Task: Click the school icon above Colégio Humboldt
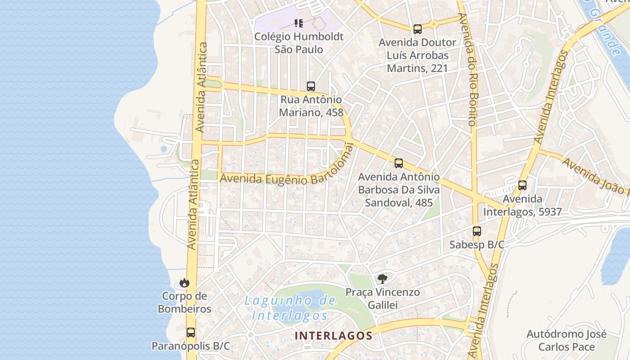[x=299, y=23]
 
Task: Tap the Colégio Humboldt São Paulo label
[x=299, y=43]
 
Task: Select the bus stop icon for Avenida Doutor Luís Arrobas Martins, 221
[x=418, y=29]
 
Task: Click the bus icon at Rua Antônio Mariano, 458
[x=310, y=86]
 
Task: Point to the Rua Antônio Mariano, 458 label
[x=310, y=106]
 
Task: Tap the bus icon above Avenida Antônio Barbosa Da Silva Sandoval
[x=398, y=163]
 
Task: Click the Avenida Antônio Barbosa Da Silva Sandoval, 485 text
[x=399, y=190]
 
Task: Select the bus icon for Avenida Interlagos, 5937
[x=522, y=185]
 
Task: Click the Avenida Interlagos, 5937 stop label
[x=522, y=205]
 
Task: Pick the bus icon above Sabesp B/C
[x=477, y=232]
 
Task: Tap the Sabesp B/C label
[x=477, y=245]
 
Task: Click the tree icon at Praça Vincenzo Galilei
[x=382, y=279]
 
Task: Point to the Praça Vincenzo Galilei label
[x=382, y=299]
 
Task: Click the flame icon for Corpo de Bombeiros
[x=184, y=283]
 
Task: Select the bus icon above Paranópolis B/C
[x=191, y=333]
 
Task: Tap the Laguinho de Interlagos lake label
[x=290, y=308]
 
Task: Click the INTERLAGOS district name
[x=333, y=336]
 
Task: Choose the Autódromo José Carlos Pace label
[x=567, y=341]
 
